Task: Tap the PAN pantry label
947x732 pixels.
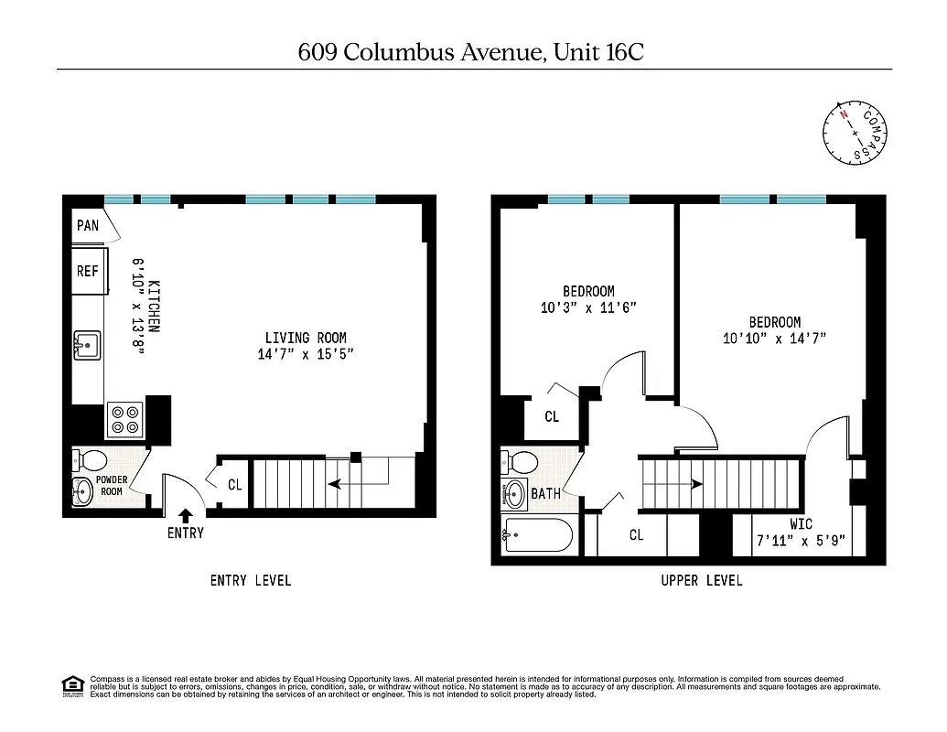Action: (88, 225)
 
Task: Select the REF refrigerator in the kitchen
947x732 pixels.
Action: (88, 271)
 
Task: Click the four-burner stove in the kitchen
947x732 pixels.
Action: (124, 420)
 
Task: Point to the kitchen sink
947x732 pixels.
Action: (88, 346)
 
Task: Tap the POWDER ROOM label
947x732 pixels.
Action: (111, 485)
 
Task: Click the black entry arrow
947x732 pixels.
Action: (186, 517)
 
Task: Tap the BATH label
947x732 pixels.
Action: (546, 494)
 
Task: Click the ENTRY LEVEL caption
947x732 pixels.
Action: (251, 580)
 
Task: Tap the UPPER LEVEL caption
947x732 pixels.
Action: (702, 580)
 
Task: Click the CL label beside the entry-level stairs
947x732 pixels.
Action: (235, 485)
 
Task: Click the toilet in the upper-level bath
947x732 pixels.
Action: (521, 460)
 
